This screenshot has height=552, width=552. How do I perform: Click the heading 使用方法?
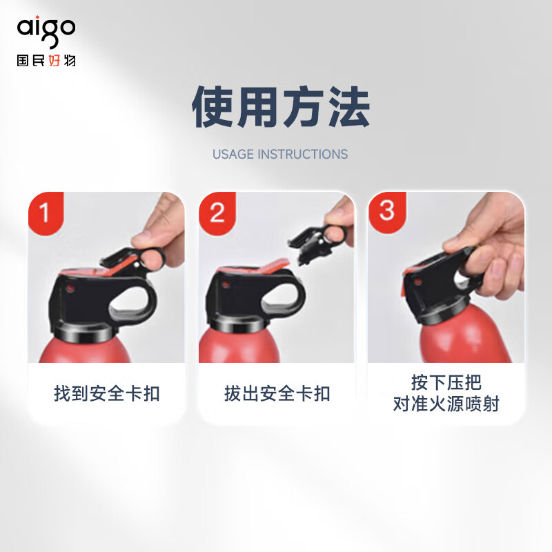[280, 108]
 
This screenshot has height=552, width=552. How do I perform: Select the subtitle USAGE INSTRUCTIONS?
[280, 154]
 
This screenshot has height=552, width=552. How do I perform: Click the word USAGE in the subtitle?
[233, 154]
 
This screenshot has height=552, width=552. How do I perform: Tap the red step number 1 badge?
[45, 211]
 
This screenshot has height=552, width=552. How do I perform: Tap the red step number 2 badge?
[216, 211]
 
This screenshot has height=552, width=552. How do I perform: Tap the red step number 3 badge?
[386, 210]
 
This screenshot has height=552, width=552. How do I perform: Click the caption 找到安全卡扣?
[107, 394]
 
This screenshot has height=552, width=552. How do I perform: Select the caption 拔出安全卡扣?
[277, 394]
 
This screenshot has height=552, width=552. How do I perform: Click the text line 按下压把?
[446, 382]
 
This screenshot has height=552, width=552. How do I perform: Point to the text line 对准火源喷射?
[446, 404]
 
